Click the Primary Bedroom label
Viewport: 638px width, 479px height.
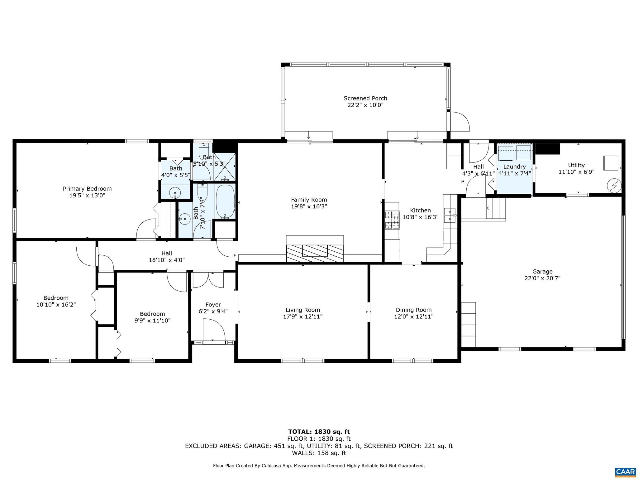point(87,189)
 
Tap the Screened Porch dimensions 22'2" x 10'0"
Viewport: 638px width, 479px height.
point(365,105)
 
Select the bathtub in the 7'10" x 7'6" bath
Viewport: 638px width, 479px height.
point(225,202)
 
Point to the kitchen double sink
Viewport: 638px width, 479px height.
point(450,215)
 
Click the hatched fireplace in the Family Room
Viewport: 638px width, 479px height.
point(315,253)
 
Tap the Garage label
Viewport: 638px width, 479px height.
point(542,272)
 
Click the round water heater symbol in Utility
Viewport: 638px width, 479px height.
point(614,186)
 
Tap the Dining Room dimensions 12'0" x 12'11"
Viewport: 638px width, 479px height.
point(413,317)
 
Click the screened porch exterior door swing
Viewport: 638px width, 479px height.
point(459,122)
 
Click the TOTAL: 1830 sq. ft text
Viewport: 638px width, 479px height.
point(319,432)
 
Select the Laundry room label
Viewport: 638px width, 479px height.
point(514,167)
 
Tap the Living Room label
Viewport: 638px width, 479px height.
point(302,310)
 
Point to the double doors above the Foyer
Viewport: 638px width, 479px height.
point(208,280)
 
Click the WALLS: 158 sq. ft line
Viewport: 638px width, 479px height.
point(319,453)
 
